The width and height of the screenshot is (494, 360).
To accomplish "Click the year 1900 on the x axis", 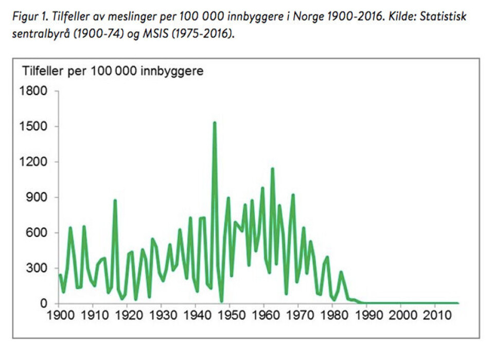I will [x=60, y=314].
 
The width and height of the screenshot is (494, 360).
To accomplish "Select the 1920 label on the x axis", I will [x=128, y=314].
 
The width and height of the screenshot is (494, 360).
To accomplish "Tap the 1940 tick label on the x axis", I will [x=196, y=314].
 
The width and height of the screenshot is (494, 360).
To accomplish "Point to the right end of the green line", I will [x=457, y=303].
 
